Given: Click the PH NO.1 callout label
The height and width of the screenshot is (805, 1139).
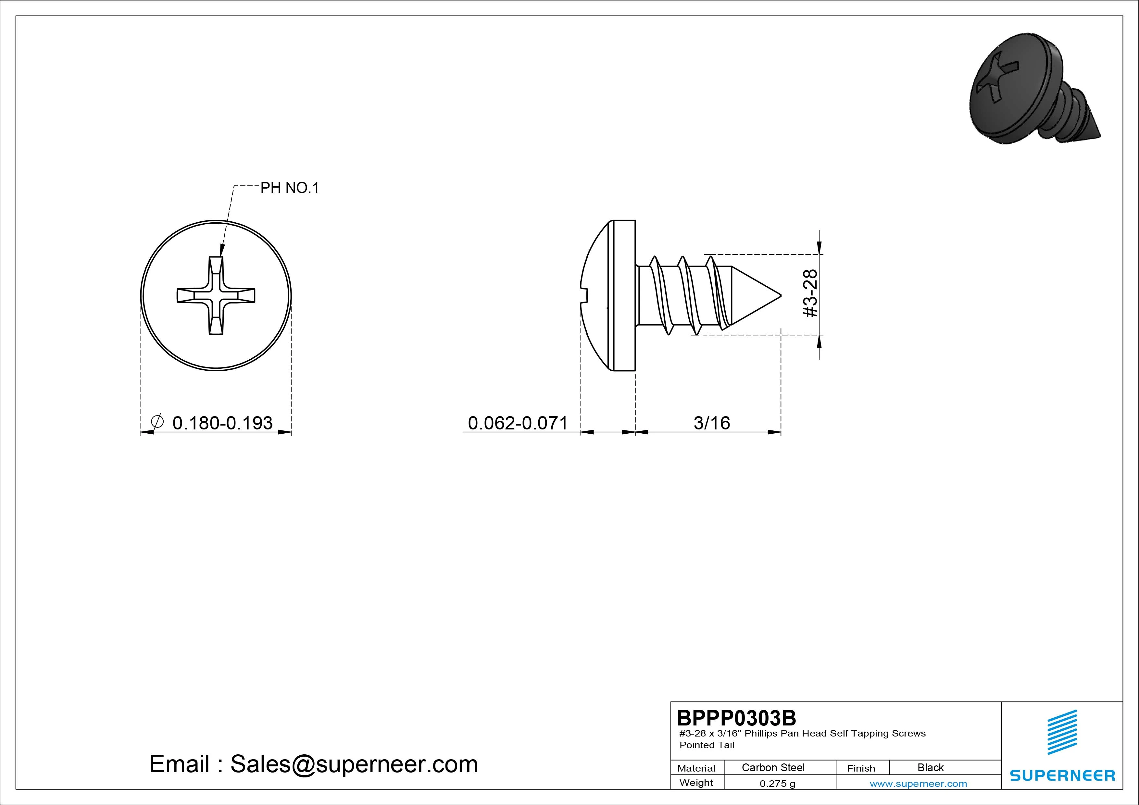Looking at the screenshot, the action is pos(290,188).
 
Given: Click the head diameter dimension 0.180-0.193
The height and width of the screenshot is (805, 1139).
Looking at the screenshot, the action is pos(222,423).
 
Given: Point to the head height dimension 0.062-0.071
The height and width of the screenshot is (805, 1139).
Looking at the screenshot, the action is pos(518,423).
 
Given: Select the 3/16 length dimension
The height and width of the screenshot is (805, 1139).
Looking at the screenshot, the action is pos(711,423).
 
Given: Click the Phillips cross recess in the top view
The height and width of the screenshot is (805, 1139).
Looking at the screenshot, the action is pos(216,296).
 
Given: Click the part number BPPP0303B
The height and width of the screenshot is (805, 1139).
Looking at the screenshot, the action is pos(737,718).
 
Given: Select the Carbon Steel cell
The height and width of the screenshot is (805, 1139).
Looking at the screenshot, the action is pos(773,767).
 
